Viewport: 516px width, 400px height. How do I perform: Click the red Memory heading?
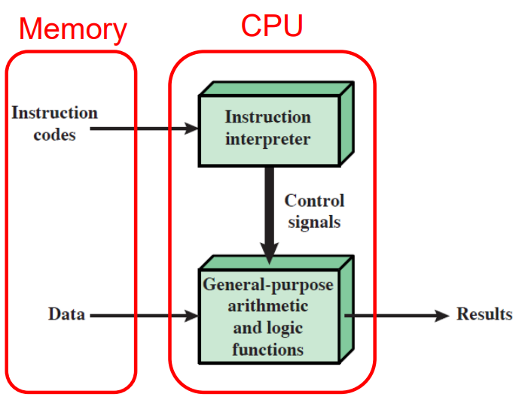coord(72,29)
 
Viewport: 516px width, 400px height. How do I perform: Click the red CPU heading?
coord(272,25)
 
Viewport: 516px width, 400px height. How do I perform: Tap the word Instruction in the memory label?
coord(55,113)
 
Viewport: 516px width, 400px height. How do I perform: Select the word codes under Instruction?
coord(55,135)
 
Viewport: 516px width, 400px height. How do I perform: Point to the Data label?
coord(66,314)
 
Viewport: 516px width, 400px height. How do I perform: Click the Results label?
coord(484,314)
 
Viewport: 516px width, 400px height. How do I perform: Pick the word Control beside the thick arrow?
coord(314,201)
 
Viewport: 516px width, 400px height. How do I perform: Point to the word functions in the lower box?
coord(268,349)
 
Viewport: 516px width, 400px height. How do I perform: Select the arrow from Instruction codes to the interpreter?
coord(143,129)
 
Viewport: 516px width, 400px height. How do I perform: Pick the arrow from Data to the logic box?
coord(143,315)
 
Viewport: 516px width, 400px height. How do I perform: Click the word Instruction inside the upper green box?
coord(268,117)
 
